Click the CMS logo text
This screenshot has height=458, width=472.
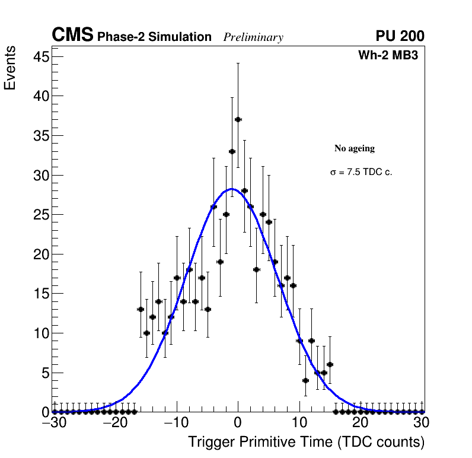(72, 36)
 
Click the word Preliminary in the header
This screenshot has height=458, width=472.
(253, 37)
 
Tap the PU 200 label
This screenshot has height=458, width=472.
(400, 36)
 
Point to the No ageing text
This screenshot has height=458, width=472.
(355, 148)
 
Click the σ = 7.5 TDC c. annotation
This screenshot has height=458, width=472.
(361, 173)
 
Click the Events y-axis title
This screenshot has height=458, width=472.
(10, 70)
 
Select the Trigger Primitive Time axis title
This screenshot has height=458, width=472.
(307, 442)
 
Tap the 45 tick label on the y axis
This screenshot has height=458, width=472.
(39, 57)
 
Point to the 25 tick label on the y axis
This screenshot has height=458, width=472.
(39, 215)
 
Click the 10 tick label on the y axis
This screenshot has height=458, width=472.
(39, 333)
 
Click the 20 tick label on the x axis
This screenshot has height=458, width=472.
(360, 423)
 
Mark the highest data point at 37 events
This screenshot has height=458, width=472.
(238, 119)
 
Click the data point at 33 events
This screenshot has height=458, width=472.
(232, 151)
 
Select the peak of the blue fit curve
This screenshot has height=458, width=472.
(232, 189)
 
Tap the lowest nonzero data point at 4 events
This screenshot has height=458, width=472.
(305, 380)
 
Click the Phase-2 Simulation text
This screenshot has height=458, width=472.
(154, 37)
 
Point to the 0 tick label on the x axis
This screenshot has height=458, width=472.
(238, 423)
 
